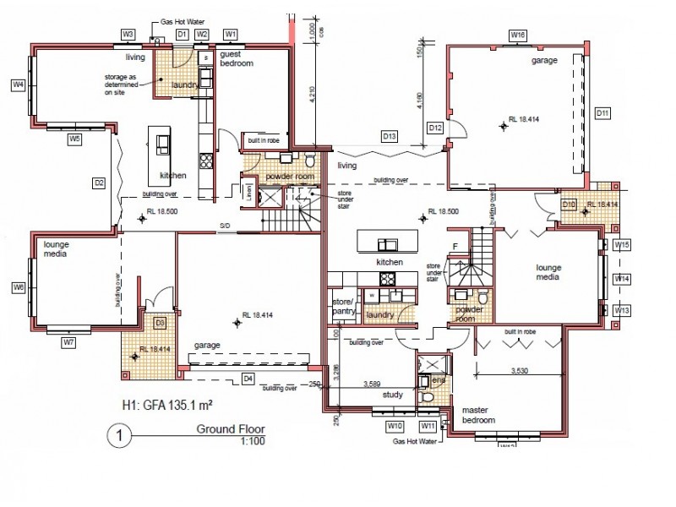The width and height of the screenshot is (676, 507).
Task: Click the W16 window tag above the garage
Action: [518, 35]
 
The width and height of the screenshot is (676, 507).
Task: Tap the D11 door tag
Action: [602, 112]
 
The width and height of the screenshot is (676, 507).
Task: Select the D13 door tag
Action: [390, 135]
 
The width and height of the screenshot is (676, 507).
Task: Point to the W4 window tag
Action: [18, 84]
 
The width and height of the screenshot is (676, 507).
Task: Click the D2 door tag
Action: [99, 182]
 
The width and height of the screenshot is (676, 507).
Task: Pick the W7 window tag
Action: [69, 342]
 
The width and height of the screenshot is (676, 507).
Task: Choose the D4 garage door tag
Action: [248, 378]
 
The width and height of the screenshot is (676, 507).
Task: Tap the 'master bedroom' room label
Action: [479, 415]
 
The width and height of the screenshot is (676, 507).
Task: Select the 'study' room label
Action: [393, 395]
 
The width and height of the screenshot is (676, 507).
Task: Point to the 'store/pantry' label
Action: [343, 306]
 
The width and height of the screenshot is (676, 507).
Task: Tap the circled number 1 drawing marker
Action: [118, 437]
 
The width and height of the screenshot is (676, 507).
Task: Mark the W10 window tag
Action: [395, 425]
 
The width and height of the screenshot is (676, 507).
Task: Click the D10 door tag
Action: [570, 204]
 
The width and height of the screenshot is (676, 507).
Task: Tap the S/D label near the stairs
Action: [226, 226]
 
